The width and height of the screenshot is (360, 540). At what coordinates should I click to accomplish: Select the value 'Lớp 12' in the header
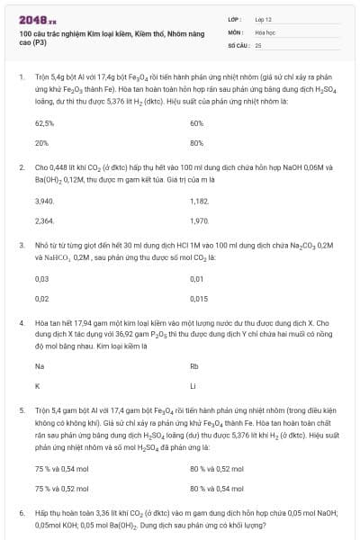pos(264,18)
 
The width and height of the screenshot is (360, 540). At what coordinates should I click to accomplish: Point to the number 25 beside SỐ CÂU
pos(258,43)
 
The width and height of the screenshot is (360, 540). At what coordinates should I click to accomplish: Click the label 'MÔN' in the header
pos(235,31)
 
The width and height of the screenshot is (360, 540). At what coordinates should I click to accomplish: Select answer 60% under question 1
pos(197,122)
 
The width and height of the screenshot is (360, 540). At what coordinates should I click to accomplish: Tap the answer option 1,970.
pos(200,220)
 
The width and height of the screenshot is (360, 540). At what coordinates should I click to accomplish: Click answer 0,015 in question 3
pos(199,298)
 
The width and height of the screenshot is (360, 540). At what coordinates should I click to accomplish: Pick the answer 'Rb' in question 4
pos(194,366)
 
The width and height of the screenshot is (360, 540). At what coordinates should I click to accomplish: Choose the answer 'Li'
pos(193,386)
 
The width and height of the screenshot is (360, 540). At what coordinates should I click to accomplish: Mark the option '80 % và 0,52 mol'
pos(217,469)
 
